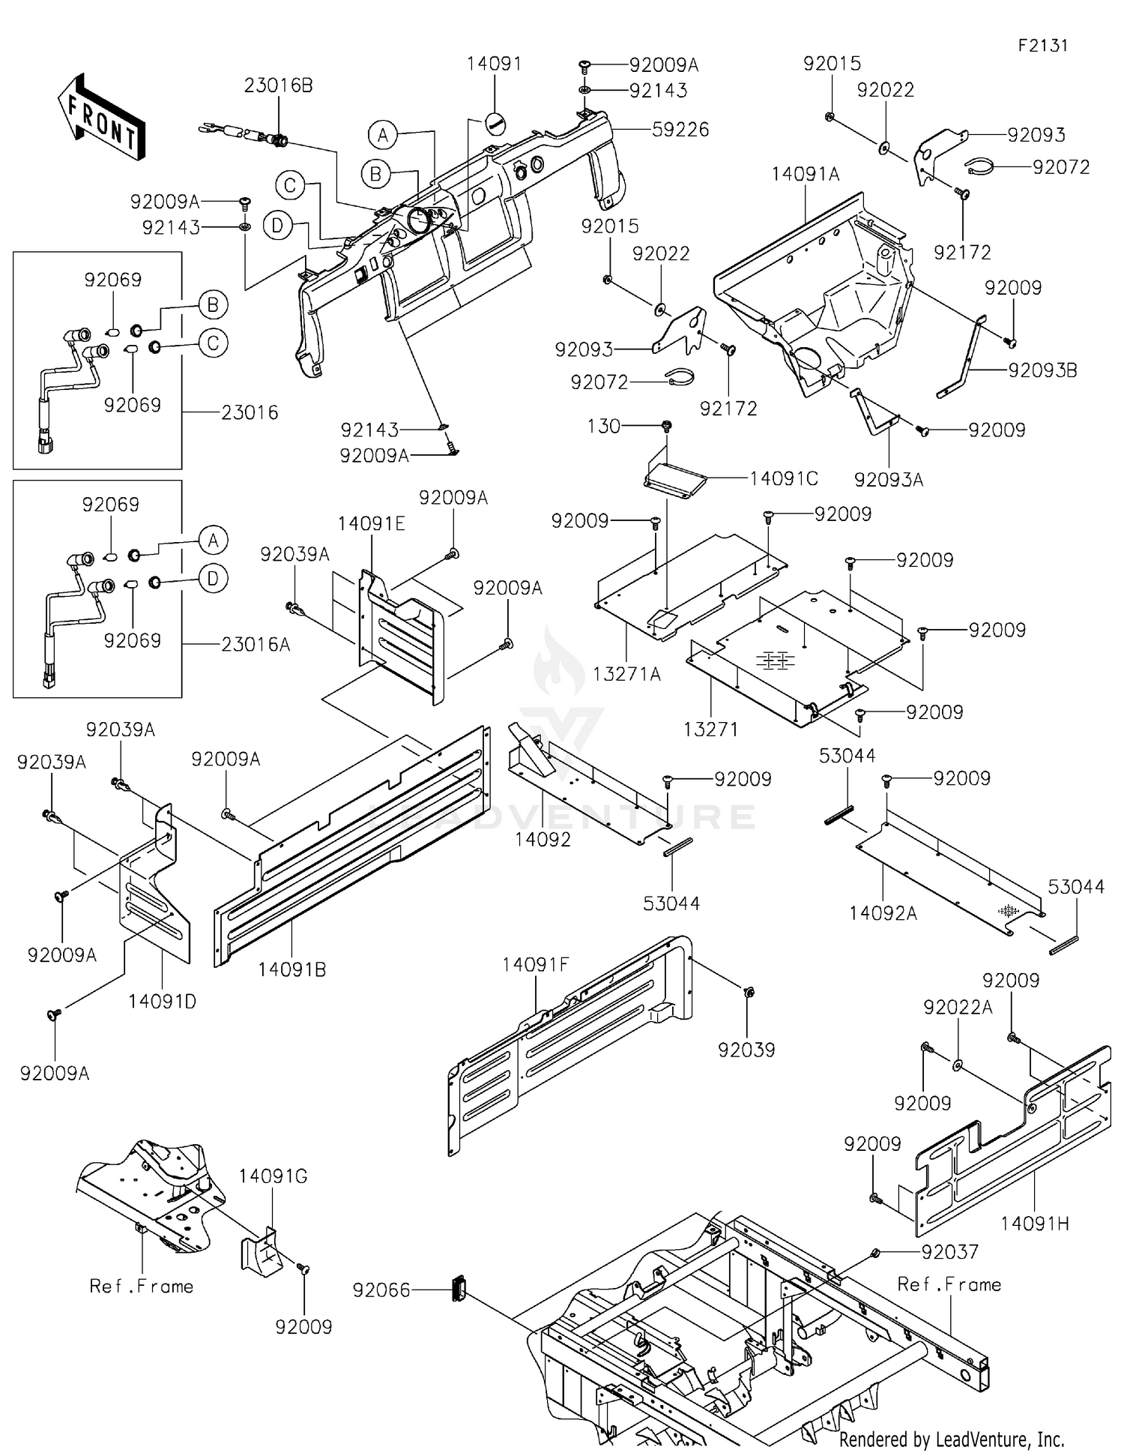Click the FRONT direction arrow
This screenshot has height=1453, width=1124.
[101, 116]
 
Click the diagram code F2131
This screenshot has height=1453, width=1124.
[1043, 45]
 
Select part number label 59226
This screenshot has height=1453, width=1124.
[680, 129]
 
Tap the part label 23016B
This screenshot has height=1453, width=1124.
[278, 85]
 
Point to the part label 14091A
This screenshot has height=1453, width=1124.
[806, 174]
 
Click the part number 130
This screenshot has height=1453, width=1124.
[604, 426]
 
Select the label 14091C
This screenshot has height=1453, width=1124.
[783, 478]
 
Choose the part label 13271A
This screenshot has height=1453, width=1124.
[626, 674]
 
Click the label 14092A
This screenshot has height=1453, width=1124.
[883, 912]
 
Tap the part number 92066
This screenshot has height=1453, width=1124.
[381, 1290]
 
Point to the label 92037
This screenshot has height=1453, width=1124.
[949, 1251]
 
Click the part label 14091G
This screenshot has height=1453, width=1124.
[273, 1176]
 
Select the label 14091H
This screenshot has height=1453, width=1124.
[1034, 1224]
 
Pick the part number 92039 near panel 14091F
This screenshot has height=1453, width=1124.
[746, 1050]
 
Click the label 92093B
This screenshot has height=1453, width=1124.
[1042, 370]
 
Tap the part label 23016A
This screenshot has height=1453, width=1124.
[255, 644]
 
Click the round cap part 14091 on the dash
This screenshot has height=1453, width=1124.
[495, 122]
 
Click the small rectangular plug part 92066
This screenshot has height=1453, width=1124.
[459, 1288]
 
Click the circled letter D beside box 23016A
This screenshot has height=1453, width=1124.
[214, 579]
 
